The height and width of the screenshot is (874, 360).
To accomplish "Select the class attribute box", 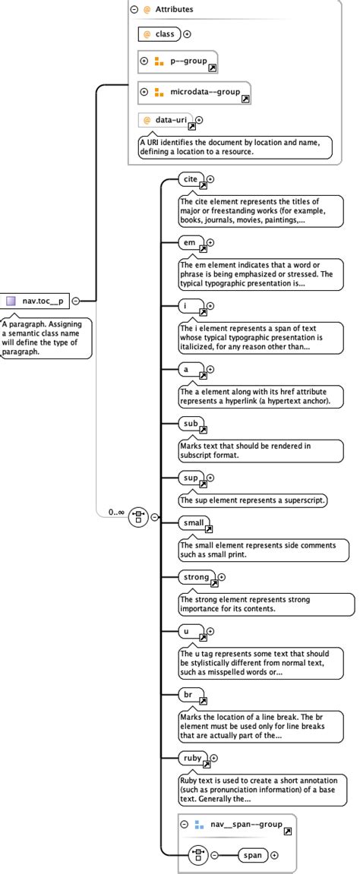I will click(x=159, y=33).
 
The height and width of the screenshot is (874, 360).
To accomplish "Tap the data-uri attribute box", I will click(x=166, y=120).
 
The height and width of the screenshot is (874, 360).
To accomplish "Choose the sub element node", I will click(x=190, y=423).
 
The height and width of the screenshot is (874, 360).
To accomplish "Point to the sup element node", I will click(x=190, y=478).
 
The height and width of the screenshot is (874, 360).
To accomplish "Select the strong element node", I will click(x=196, y=577).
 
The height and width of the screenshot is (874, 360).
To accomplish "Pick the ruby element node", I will click(x=192, y=757).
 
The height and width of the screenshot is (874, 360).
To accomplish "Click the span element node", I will click(x=253, y=855).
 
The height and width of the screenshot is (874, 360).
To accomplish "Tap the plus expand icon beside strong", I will click(x=222, y=578).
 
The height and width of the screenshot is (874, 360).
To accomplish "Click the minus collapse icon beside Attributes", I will click(x=134, y=10).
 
